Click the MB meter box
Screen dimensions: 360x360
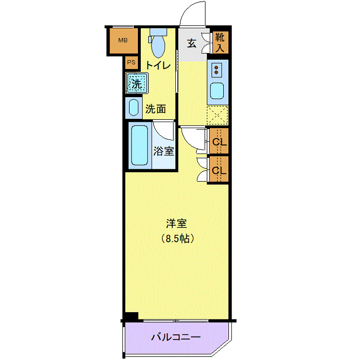123,41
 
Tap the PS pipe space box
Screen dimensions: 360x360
131,62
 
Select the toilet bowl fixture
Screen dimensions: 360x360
158,43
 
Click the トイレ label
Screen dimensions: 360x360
158,66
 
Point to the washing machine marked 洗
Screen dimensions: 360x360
137,83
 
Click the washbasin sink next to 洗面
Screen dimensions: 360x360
134,108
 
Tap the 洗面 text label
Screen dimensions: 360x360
155,109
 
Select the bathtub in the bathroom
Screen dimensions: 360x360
139,146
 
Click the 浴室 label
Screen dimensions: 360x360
164,151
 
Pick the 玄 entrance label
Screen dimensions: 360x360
191,43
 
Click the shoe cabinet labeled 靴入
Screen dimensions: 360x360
220,42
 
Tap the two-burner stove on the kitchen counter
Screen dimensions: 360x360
217,70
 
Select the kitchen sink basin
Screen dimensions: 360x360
217,91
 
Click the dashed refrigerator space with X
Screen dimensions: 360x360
217,115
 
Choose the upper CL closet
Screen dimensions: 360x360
219,141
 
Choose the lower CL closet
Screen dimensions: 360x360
219,169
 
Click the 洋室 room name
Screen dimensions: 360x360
176,224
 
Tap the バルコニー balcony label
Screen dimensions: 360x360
176,337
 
